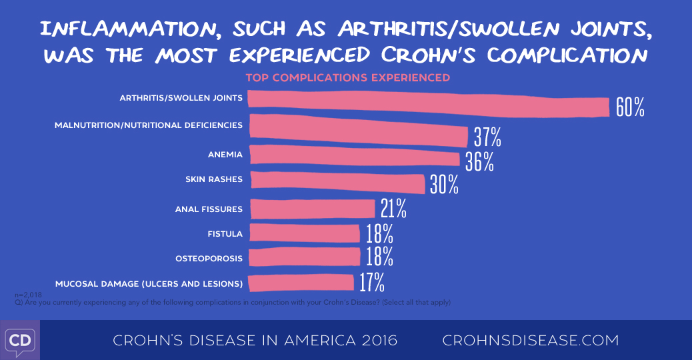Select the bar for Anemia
[x=353, y=157]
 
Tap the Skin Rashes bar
[x=336, y=181]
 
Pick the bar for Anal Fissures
[x=311, y=209]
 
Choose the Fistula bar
[x=303, y=233]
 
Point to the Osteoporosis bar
[x=303, y=257]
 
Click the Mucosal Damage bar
[x=301, y=283]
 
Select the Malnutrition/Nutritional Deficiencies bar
[x=357, y=129]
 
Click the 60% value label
[x=630, y=107]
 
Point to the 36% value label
[x=479, y=161]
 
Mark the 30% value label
[x=444, y=185]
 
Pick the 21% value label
[x=393, y=209]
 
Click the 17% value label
[x=371, y=283]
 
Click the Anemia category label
[x=225, y=155]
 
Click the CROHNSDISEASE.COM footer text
[x=531, y=341]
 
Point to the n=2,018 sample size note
[x=28, y=293]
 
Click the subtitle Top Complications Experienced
[x=347, y=77]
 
